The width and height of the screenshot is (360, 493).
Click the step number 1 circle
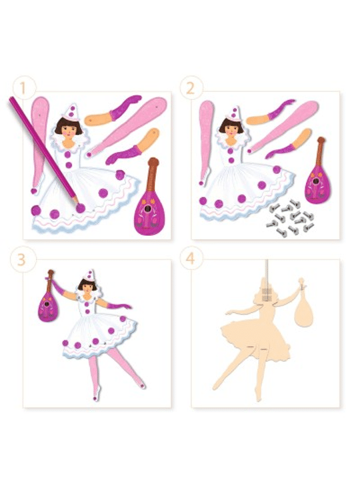click(x=23, y=89)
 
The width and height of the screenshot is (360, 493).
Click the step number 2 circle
click(x=191, y=89)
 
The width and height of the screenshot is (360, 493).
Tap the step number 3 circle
click(x=22, y=259)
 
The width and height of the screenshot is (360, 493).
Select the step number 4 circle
click(x=191, y=259)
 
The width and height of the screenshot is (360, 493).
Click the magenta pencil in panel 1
click(x=44, y=151)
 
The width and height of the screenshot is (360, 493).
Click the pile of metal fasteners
click(x=290, y=218)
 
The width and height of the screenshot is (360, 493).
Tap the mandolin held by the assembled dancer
click(x=48, y=298)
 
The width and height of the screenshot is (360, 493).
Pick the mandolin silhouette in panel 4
click(x=303, y=308)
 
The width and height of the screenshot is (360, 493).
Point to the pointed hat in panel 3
click(x=89, y=276)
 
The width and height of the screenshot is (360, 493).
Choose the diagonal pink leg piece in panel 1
click(x=127, y=127)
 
